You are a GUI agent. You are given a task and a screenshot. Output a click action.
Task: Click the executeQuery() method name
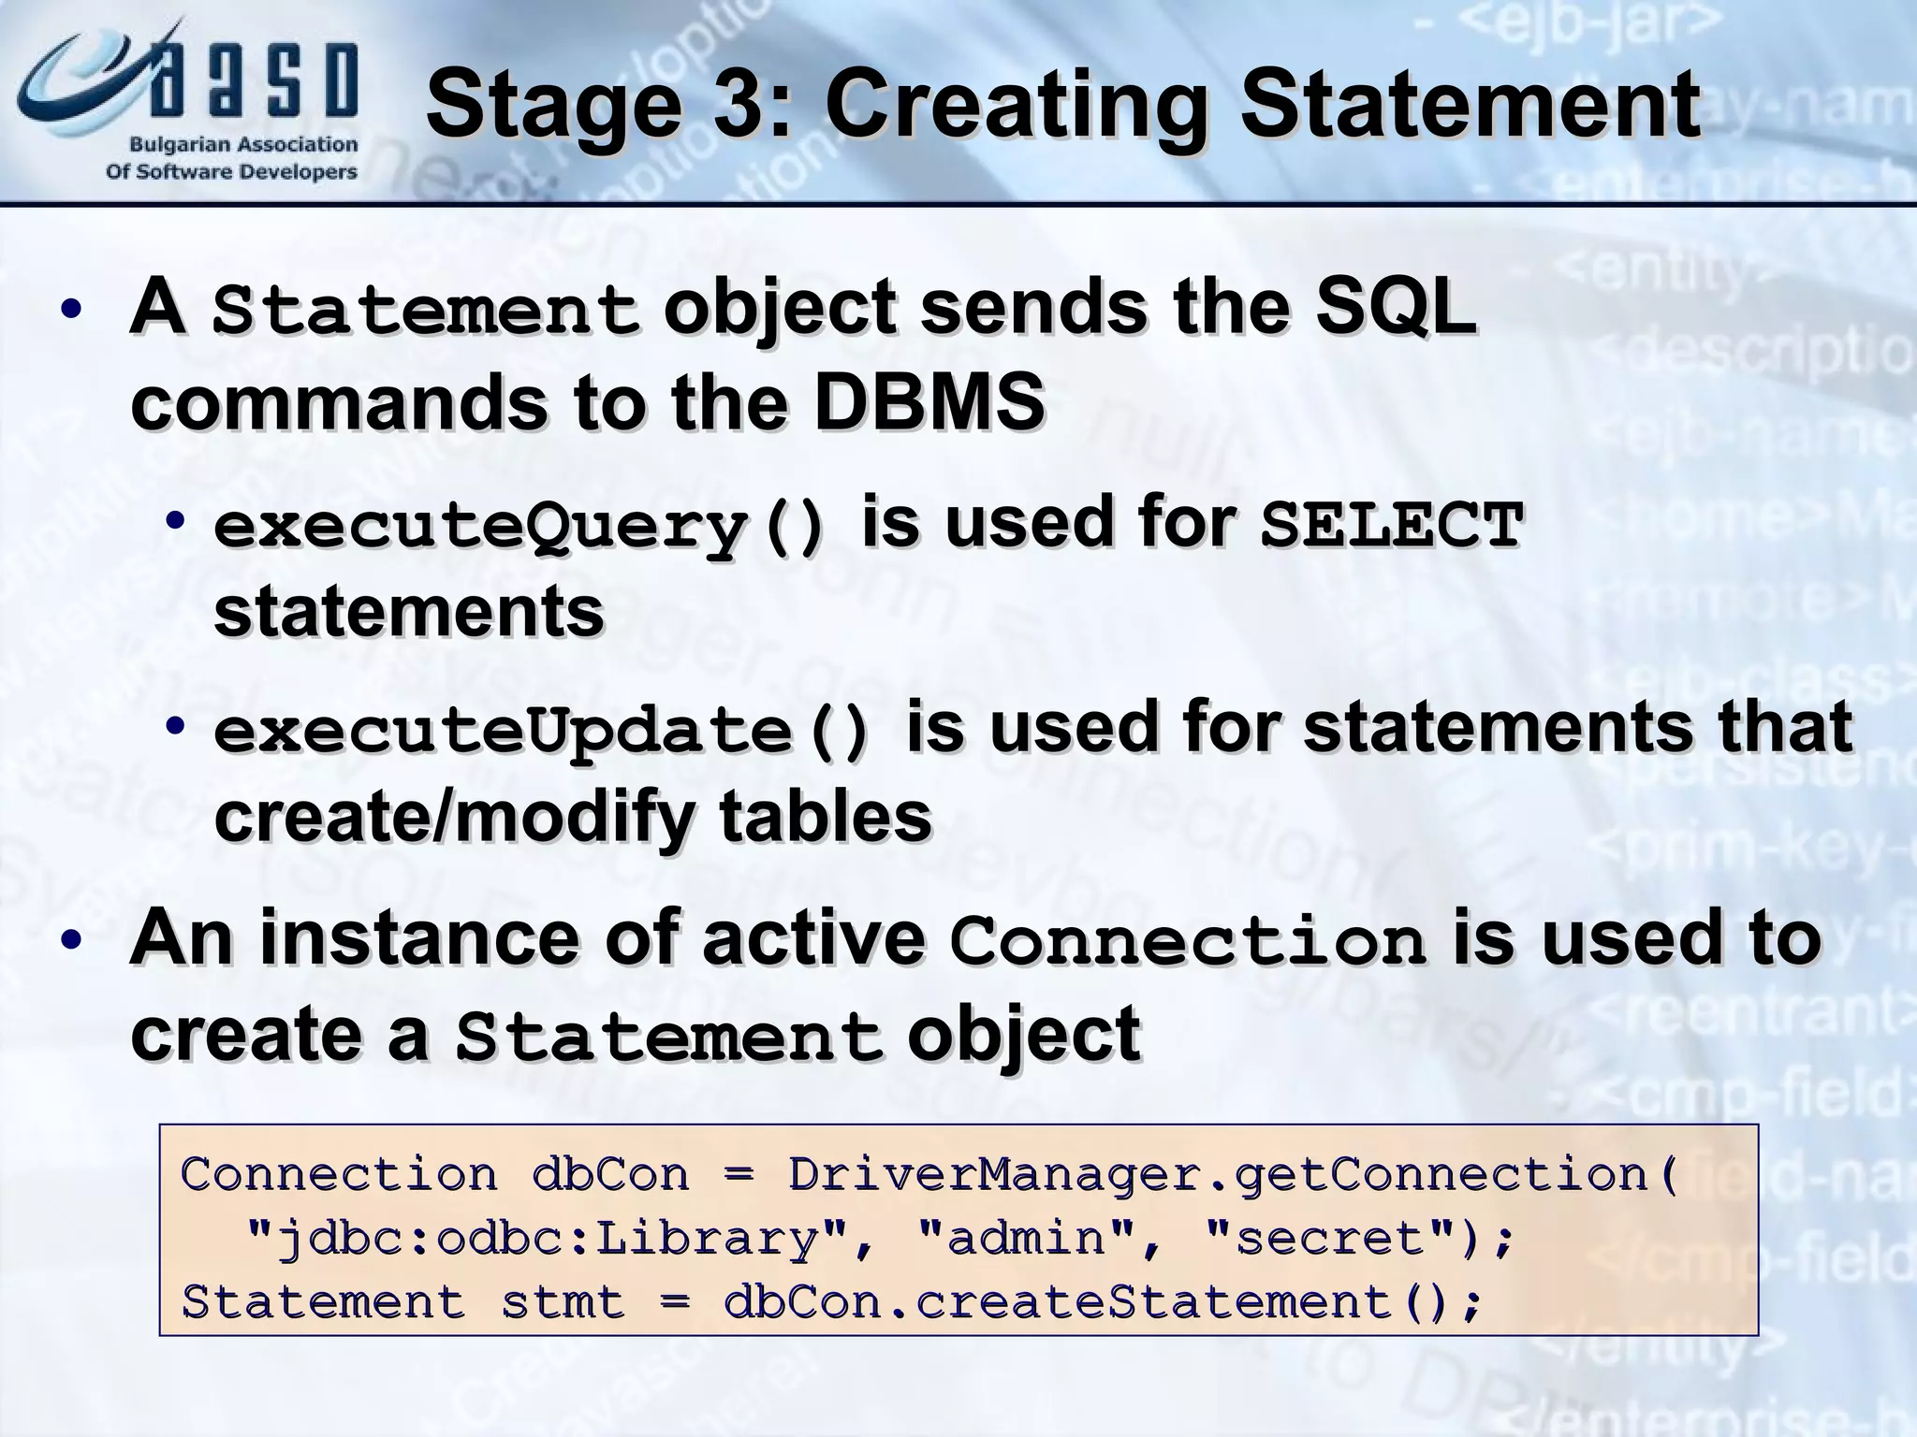click(520, 525)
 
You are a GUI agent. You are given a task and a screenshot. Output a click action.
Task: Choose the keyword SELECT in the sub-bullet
click(1392, 525)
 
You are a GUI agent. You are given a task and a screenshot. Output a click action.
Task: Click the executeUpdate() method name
click(542, 731)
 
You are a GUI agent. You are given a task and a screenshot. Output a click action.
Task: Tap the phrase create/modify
click(454, 817)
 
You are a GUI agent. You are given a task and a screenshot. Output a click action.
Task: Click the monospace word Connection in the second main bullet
click(1187, 941)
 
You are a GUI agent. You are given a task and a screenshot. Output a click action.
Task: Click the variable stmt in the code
click(563, 1303)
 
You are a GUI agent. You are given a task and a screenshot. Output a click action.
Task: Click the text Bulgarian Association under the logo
click(243, 145)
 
